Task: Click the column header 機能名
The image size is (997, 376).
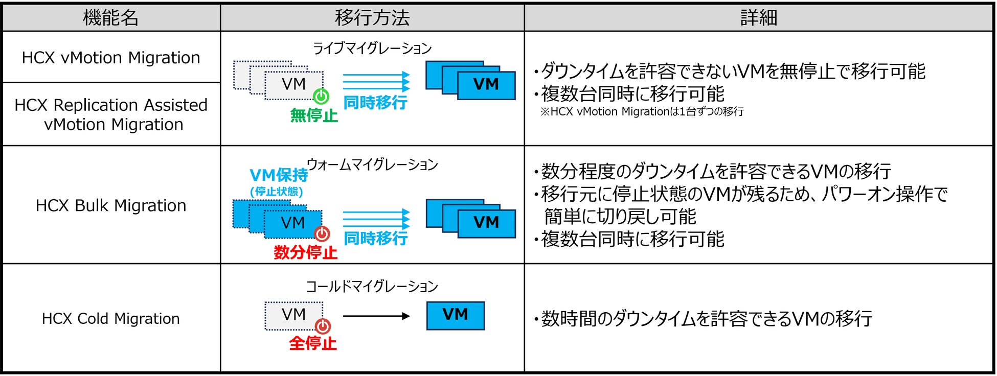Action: pyautogui.click(x=111, y=18)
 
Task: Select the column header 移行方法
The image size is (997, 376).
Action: pyautogui.click(x=372, y=18)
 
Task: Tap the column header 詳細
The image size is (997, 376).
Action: pyautogui.click(x=759, y=18)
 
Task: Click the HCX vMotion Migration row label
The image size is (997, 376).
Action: pyautogui.click(x=111, y=58)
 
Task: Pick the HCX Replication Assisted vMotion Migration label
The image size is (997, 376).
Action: pyautogui.click(x=111, y=114)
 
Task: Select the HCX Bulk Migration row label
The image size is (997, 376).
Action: pyautogui.click(x=111, y=205)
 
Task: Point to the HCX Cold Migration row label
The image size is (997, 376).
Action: pyautogui.click(x=111, y=318)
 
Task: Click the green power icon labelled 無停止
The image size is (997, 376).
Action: pyautogui.click(x=321, y=96)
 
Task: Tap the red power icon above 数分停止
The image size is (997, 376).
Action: pyautogui.click(x=322, y=234)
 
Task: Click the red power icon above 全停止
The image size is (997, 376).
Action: pyautogui.click(x=323, y=325)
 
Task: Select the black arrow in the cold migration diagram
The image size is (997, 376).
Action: pyautogui.click(x=376, y=316)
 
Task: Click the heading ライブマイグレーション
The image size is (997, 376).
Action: pyautogui.click(x=372, y=49)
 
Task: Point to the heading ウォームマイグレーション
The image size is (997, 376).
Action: pyautogui.click(x=372, y=165)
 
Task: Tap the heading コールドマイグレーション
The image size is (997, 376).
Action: pyautogui.click(x=372, y=286)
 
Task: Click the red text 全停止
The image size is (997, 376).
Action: pyautogui.click(x=313, y=343)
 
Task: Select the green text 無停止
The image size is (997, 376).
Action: pyautogui.click(x=314, y=115)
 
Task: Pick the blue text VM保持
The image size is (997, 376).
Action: pyautogui.click(x=279, y=175)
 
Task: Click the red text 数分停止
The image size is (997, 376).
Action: pyautogui.click(x=306, y=252)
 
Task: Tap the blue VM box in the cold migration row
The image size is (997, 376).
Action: pyautogui.click(x=455, y=316)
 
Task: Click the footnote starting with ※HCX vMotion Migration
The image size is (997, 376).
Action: pyautogui.click(x=642, y=111)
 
